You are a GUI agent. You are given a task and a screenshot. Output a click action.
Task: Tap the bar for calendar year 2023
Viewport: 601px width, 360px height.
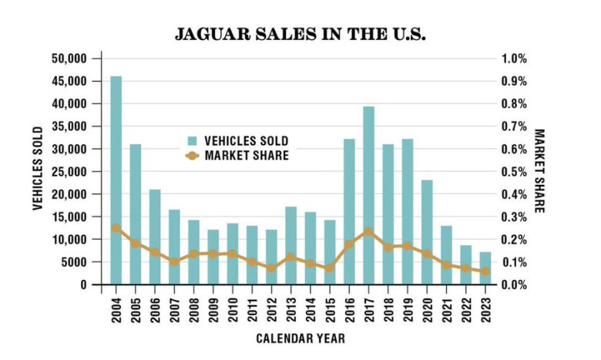pyautogui.click(x=485, y=268)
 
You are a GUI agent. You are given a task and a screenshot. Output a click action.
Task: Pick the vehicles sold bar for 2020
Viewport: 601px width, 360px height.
pyautogui.click(x=427, y=232)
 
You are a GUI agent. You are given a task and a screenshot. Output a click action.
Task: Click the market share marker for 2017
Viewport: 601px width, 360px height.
pyautogui.click(x=368, y=232)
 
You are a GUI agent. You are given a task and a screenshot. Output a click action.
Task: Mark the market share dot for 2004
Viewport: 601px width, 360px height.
pyautogui.click(x=116, y=227)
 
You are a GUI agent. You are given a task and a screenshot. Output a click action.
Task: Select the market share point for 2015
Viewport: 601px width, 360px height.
pyautogui.click(x=330, y=268)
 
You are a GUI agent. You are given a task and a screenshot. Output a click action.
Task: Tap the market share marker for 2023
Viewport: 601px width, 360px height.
pyautogui.click(x=485, y=271)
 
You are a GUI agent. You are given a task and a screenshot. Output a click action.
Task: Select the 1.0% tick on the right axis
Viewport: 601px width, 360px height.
pyautogui.click(x=515, y=59)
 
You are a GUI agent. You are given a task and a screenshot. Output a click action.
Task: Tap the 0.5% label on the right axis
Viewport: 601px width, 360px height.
pyautogui.click(x=515, y=172)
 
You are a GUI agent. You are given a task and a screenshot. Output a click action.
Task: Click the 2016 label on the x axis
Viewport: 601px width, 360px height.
pyautogui.click(x=349, y=308)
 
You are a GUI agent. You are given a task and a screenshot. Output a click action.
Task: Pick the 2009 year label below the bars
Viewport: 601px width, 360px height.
pyautogui.click(x=213, y=308)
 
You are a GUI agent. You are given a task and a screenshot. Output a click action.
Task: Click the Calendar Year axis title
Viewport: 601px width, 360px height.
pyautogui.click(x=301, y=338)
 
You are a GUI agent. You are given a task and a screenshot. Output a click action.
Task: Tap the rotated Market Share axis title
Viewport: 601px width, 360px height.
pyautogui.click(x=539, y=171)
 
